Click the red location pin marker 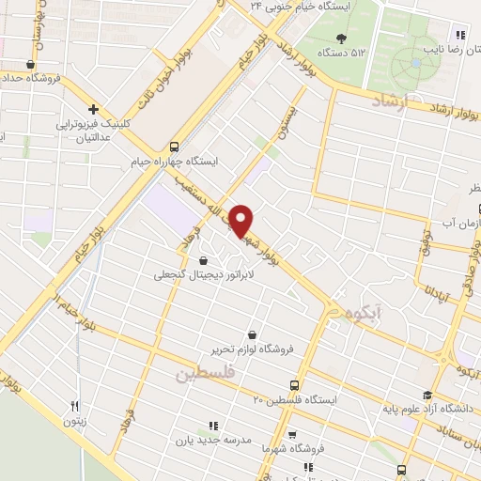click(x=241, y=219)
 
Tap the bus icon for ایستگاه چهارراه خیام click(x=174, y=146)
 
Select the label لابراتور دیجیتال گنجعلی click(x=201, y=275)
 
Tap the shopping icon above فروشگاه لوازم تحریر click(x=252, y=334)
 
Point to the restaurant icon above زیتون click(x=75, y=407)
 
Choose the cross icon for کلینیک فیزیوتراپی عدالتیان click(x=93, y=109)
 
